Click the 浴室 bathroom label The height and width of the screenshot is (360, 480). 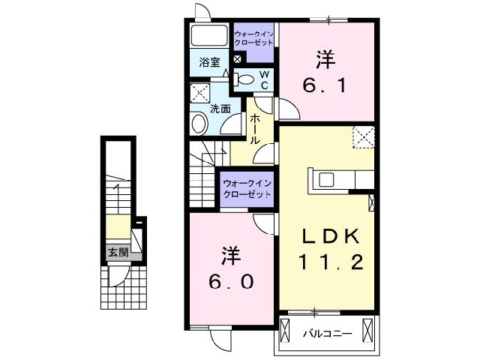[209, 63]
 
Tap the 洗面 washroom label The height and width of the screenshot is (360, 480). [220, 107]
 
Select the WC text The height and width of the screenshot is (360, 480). [264, 79]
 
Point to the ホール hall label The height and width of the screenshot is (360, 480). [255, 129]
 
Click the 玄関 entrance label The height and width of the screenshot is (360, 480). [116, 251]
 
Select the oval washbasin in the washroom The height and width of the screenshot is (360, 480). [199, 124]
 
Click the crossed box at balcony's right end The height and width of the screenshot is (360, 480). [367, 329]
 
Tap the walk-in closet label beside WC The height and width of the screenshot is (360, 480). [253, 39]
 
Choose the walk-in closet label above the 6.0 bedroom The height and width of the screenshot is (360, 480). [246, 188]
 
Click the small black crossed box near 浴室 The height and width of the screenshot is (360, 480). [237, 59]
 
